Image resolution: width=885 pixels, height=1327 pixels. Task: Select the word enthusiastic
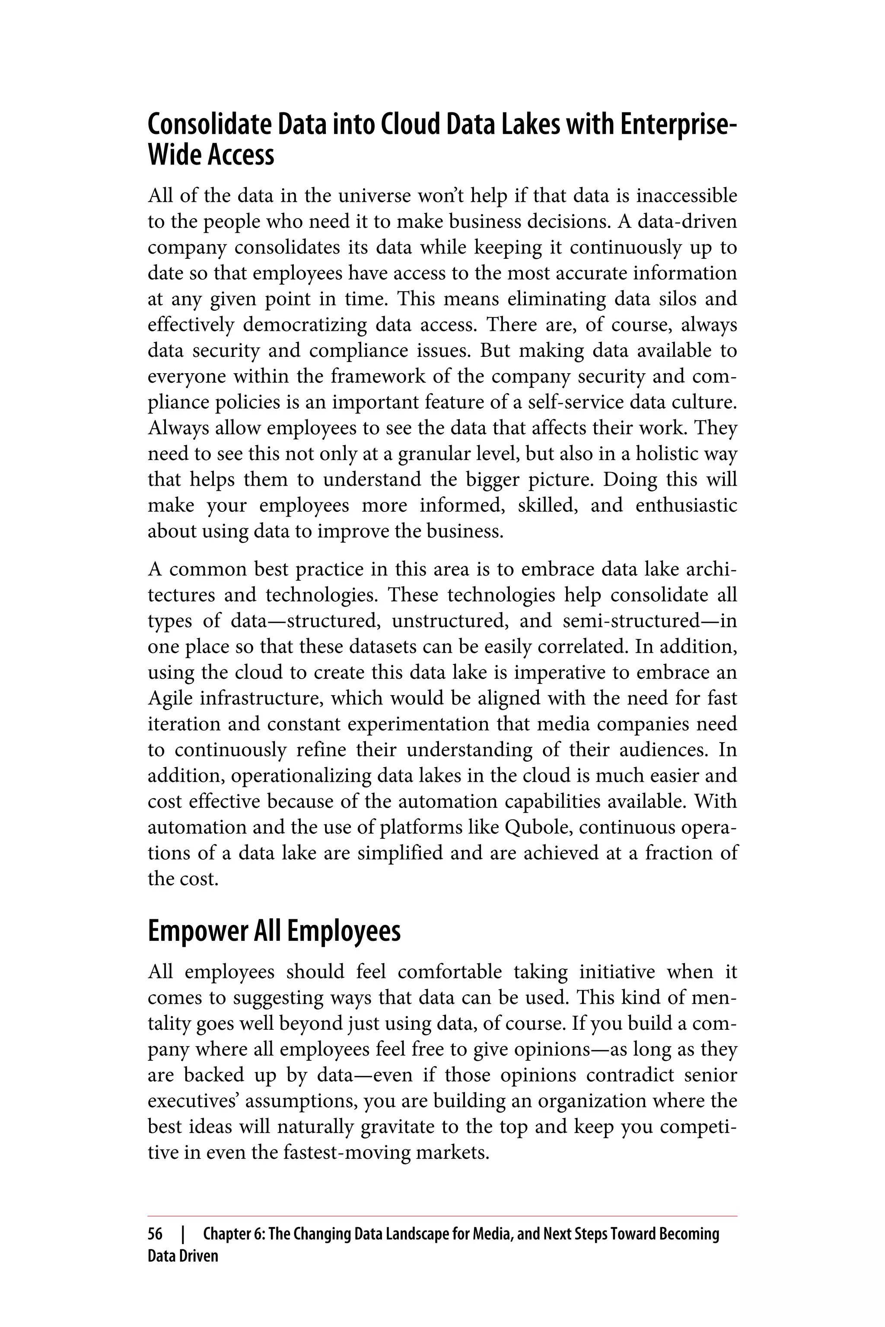point(686,505)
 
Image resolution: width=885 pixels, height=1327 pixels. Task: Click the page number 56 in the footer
point(155,1235)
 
